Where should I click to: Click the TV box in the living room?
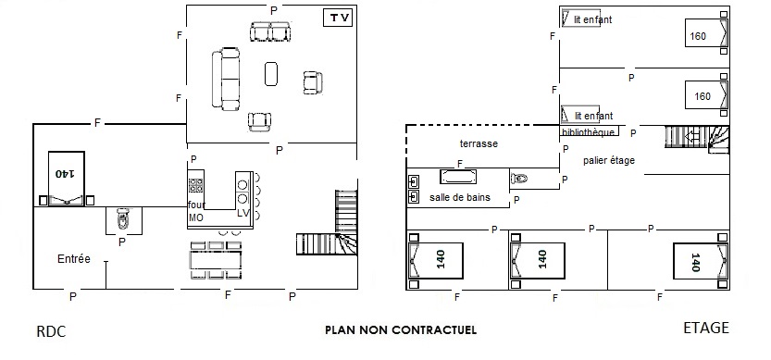339,19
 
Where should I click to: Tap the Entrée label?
74,259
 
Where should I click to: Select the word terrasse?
479,143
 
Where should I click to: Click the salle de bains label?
460,197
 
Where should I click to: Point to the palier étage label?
609,160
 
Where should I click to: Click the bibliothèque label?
588,132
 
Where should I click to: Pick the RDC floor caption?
51,332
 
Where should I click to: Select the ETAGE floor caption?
706,328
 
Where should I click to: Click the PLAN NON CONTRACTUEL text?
401,330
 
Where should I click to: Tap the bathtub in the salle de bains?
458,177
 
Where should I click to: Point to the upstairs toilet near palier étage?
519,178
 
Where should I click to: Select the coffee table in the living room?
271,74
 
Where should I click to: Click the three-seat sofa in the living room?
226,79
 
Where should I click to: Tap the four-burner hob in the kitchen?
195,185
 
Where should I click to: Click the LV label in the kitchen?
243,214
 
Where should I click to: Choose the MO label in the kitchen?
195,217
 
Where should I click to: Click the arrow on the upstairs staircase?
691,137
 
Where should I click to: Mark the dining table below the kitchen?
216,260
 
